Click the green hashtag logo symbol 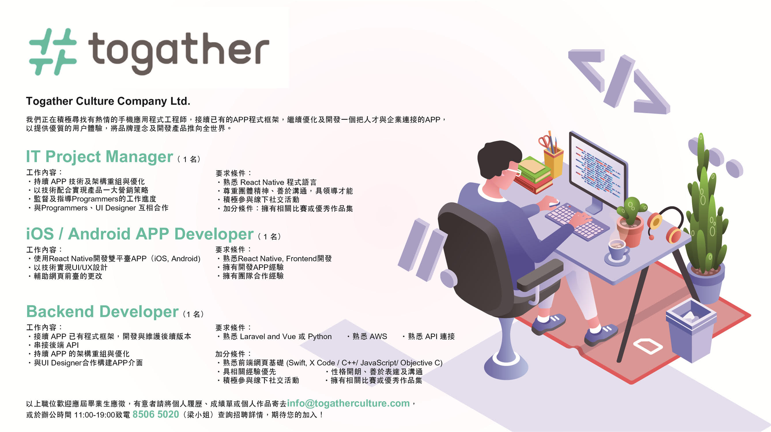tap(53, 52)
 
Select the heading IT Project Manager tap(99, 156)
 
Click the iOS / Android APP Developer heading tap(140, 234)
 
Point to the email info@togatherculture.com tap(348, 403)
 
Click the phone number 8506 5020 tap(156, 414)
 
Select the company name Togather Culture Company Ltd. tap(108, 101)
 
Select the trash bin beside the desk tap(691, 329)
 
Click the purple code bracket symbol tap(619, 82)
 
